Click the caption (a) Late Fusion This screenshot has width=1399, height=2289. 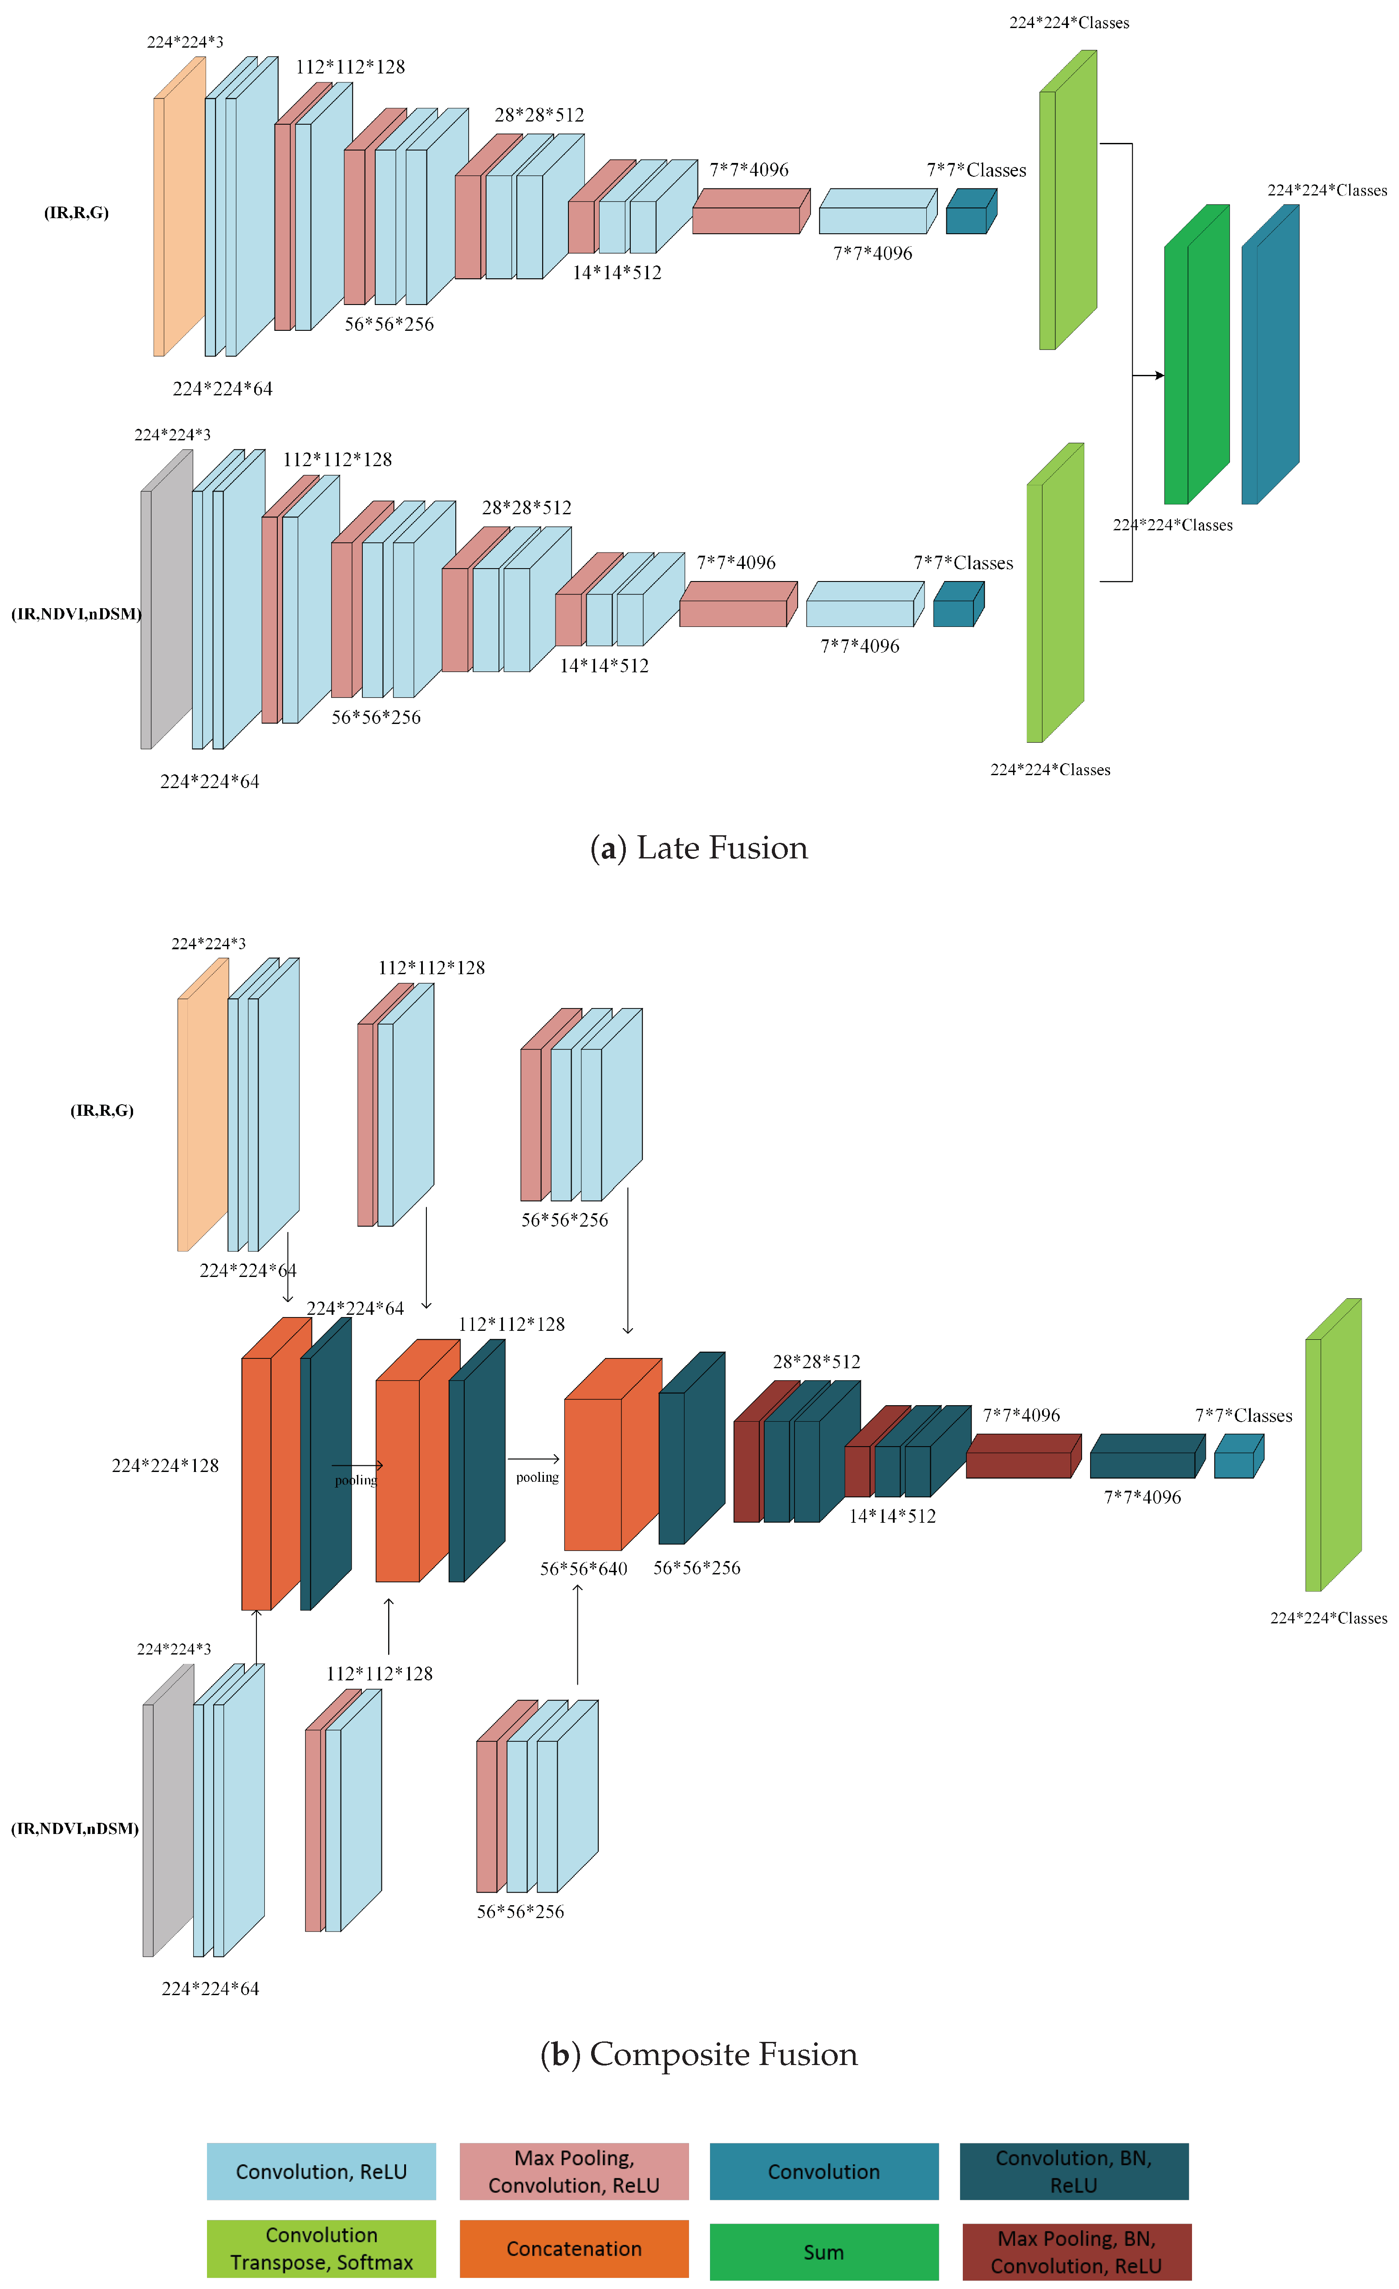tap(698, 847)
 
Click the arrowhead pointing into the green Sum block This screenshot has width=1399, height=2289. tap(1160, 375)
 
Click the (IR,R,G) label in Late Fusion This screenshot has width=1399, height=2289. tap(76, 213)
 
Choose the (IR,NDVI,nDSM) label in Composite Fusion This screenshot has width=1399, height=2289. tap(74, 1828)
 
